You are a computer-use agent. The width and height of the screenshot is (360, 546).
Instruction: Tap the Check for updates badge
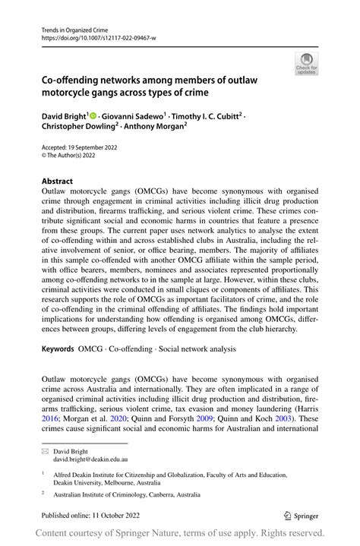[308, 64]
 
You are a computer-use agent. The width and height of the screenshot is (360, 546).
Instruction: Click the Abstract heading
[57, 181]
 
